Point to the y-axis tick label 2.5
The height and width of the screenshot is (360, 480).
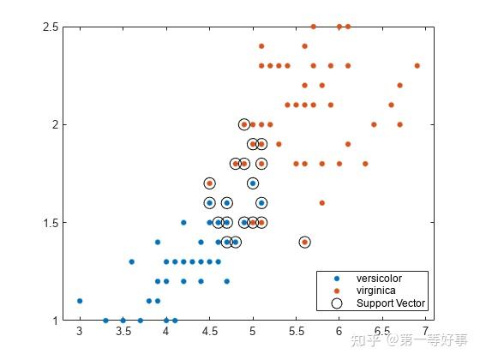[49, 27]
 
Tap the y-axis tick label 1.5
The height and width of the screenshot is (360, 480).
[49, 223]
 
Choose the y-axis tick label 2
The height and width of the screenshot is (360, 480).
[55, 125]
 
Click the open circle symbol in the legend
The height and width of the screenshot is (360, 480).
[337, 303]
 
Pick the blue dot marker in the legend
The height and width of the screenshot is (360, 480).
[337, 279]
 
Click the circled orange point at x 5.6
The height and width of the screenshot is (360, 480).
[304, 243]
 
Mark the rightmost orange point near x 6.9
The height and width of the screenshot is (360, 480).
[417, 65]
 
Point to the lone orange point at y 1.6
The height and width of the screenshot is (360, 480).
[321, 203]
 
